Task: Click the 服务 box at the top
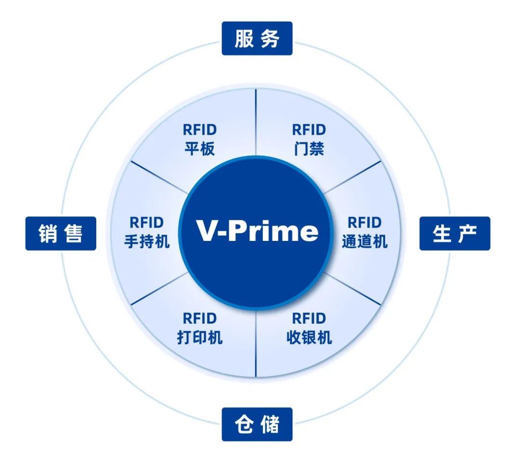[x=257, y=38]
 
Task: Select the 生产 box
[x=455, y=234]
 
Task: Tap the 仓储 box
[x=257, y=424]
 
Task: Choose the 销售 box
[x=61, y=234]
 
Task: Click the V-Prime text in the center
[x=257, y=230]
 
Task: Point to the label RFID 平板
[x=200, y=139]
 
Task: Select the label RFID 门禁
[x=309, y=139]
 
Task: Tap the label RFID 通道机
[x=364, y=232]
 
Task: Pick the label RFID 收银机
[x=309, y=328]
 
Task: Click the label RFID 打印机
[x=200, y=328]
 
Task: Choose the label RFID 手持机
[x=146, y=232]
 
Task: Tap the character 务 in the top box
[x=270, y=38]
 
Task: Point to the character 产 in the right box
[x=468, y=234]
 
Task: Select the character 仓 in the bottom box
[x=245, y=424]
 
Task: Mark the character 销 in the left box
[x=48, y=234]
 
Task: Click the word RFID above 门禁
[x=309, y=130]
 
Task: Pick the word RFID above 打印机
[x=200, y=319]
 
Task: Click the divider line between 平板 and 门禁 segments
[x=256, y=122]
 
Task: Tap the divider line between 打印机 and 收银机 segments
[x=256, y=343]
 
